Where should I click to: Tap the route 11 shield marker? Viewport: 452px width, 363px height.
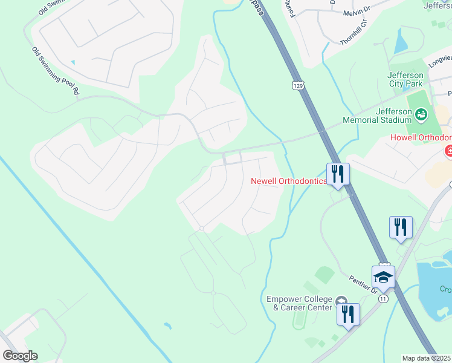click(383, 298)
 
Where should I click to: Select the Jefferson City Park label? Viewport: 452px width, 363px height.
click(412, 79)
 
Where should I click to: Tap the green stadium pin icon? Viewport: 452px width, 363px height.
click(422, 113)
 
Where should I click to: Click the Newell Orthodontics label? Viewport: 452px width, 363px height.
click(289, 181)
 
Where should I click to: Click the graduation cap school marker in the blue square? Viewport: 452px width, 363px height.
click(383, 277)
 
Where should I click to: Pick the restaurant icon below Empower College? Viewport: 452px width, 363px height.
click(348, 315)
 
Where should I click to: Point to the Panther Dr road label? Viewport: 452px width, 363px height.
click(363, 285)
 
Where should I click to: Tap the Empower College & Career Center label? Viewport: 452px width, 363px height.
click(299, 303)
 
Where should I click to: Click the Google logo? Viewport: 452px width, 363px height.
click(20, 356)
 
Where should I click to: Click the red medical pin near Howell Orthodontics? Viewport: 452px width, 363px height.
click(448, 151)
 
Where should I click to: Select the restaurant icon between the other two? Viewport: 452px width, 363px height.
click(401, 227)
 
